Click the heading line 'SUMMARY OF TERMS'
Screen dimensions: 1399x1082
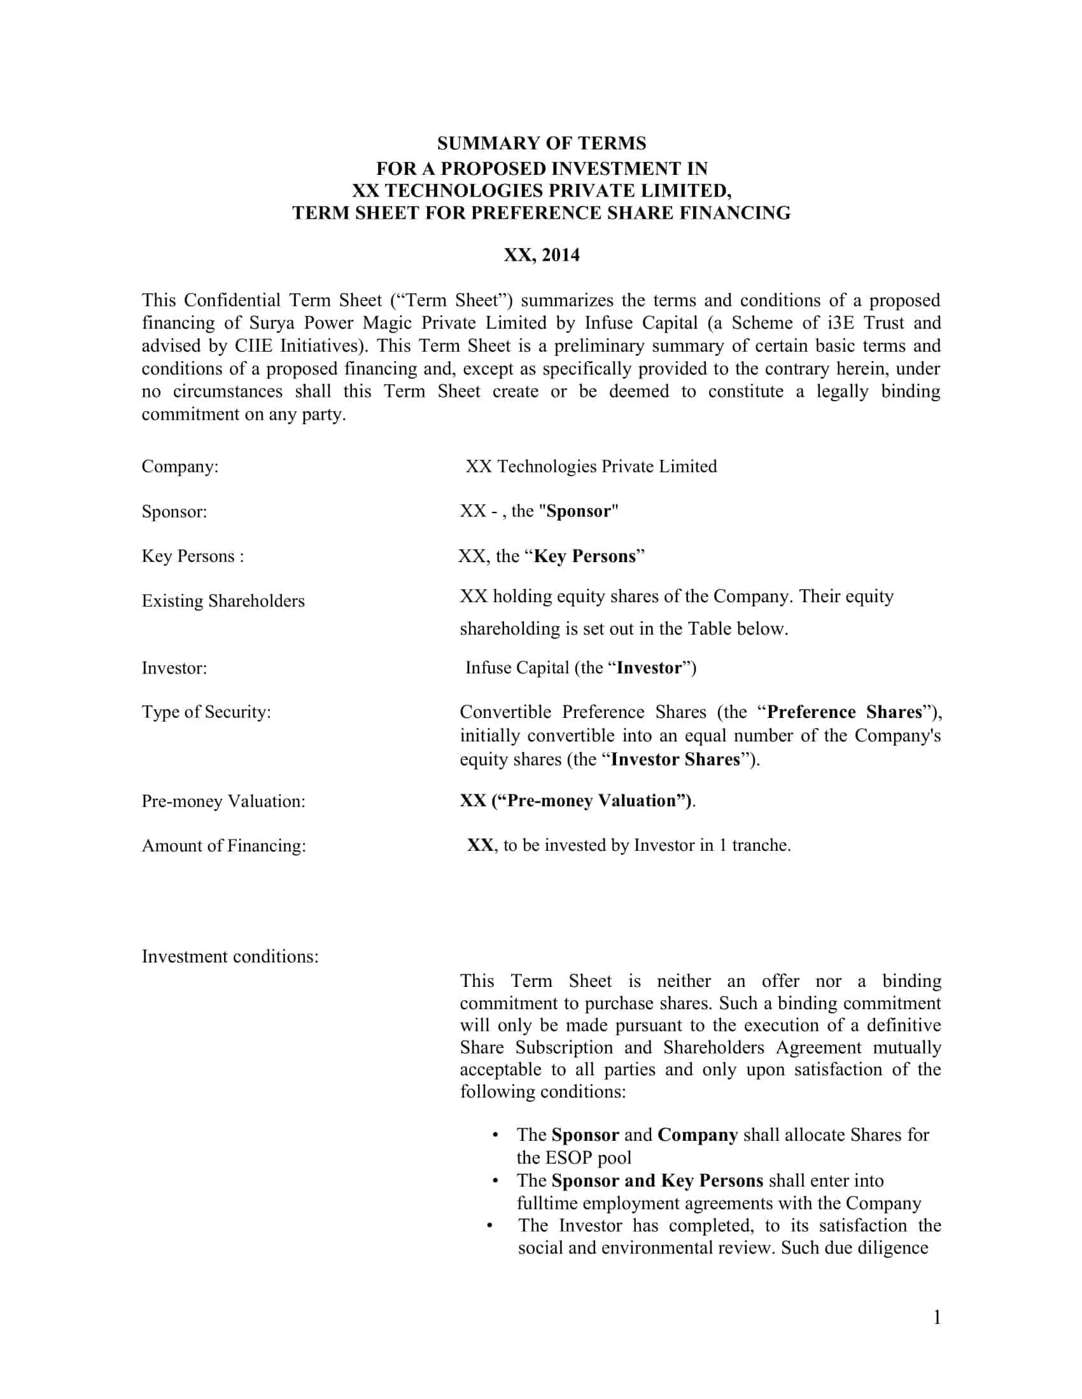tap(542, 143)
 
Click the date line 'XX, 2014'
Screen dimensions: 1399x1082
tap(542, 255)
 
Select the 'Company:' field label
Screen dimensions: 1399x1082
tap(180, 466)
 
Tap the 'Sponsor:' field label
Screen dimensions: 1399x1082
tap(174, 512)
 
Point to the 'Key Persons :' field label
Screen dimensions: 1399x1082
tap(193, 556)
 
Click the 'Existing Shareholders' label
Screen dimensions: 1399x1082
tap(223, 601)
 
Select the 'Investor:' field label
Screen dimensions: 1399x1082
tap(174, 668)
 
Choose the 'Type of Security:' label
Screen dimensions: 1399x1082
tap(206, 712)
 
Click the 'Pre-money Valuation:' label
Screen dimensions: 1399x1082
tap(223, 801)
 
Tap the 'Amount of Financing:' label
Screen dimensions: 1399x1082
tap(223, 846)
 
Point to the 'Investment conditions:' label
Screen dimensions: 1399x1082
tap(230, 956)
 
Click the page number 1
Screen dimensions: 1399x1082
tap(937, 1318)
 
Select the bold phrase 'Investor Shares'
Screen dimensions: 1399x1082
tap(675, 760)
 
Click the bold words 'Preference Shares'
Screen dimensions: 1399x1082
tap(844, 712)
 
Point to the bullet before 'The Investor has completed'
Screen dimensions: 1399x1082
tap(489, 1225)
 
